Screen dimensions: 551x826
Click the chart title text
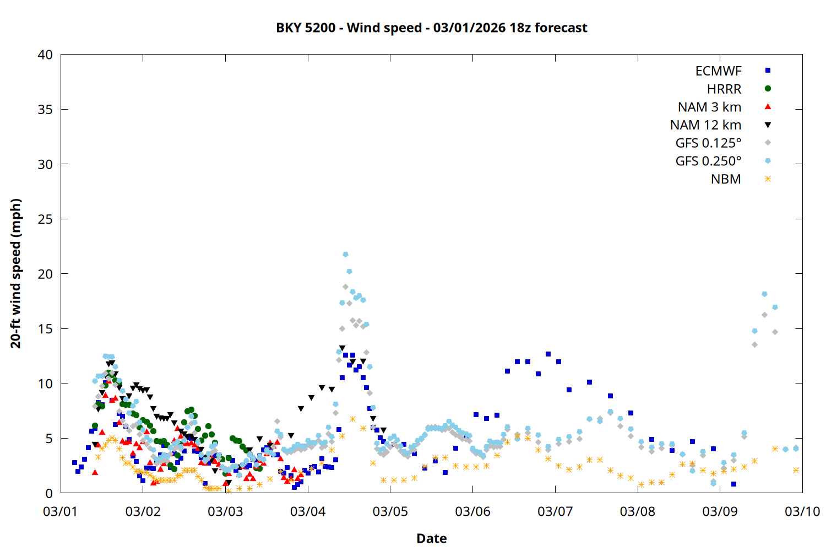pyautogui.click(x=431, y=28)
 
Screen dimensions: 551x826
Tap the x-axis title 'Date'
pyautogui.click(x=431, y=538)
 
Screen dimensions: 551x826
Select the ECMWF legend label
pyautogui.click(x=718, y=71)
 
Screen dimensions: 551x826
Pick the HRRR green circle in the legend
pyautogui.click(x=768, y=89)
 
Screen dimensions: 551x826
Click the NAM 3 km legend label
pyautogui.click(x=709, y=107)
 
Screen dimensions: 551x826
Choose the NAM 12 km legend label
pyautogui.click(x=705, y=125)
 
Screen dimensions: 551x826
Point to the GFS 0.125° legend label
pyautogui.click(x=708, y=143)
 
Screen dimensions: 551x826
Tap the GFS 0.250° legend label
pyautogui.click(x=708, y=161)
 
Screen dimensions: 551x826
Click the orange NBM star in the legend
pyautogui.click(x=768, y=179)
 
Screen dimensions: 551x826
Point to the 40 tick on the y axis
pyautogui.click(x=45, y=55)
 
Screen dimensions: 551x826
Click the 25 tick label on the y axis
pyautogui.click(x=45, y=219)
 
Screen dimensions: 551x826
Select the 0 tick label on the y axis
pyautogui.click(x=49, y=494)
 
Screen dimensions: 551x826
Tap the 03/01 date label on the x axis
pyautogui.click(x=61, y=511)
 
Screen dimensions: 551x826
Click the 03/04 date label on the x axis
pyautogui.click(x=308, y=511)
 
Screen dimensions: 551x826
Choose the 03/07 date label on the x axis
pyautogui.click(x=555, y=511)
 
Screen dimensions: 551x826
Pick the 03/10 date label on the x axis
pyautogui.click(x=802, y=511)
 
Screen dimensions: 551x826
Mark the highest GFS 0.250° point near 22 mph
pyautogui.click(x=345, y=254)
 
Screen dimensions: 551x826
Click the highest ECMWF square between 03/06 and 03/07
pyautogui.click(x=548, y=354)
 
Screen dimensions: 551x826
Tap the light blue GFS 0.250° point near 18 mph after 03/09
pyautogui.click(x=764, y=294)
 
